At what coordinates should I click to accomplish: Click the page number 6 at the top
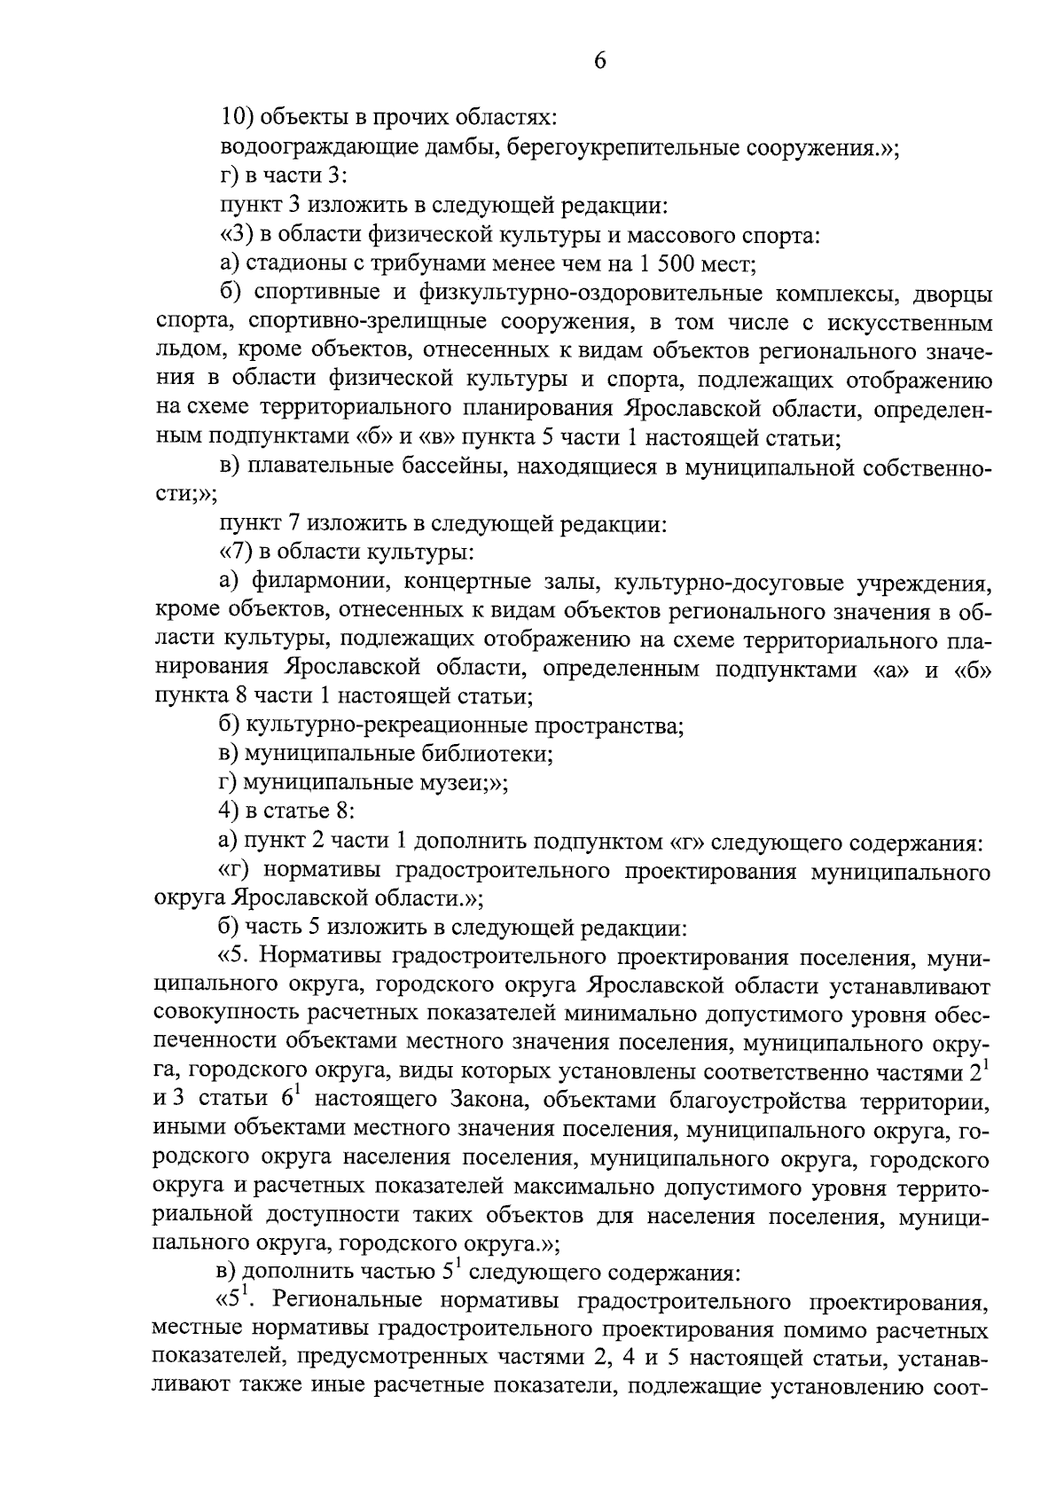coord(599,60)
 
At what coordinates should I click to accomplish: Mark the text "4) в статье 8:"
coord(287,811)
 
